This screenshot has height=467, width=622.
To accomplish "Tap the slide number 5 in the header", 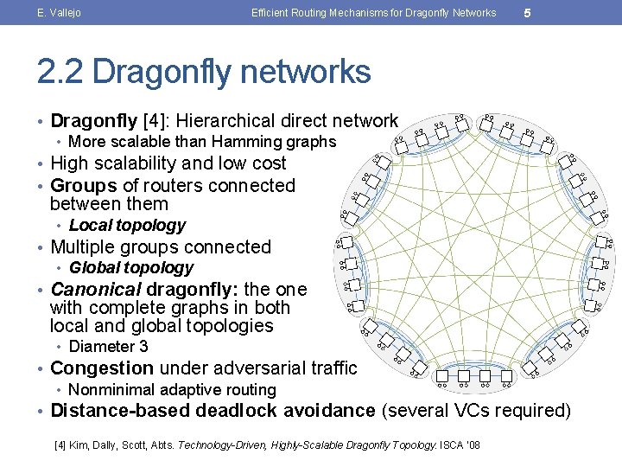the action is coord(526,13).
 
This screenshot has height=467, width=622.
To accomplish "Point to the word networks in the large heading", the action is coord(305,72).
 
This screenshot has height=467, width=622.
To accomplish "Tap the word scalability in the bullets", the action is coord(134,163).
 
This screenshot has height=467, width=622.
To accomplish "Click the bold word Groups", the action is coord(84,186).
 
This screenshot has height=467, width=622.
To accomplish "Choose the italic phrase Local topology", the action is coord(127,226).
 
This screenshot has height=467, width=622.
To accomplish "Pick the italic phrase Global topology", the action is coord(130,268).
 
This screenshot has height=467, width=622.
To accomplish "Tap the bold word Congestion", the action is coord(103,368).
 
